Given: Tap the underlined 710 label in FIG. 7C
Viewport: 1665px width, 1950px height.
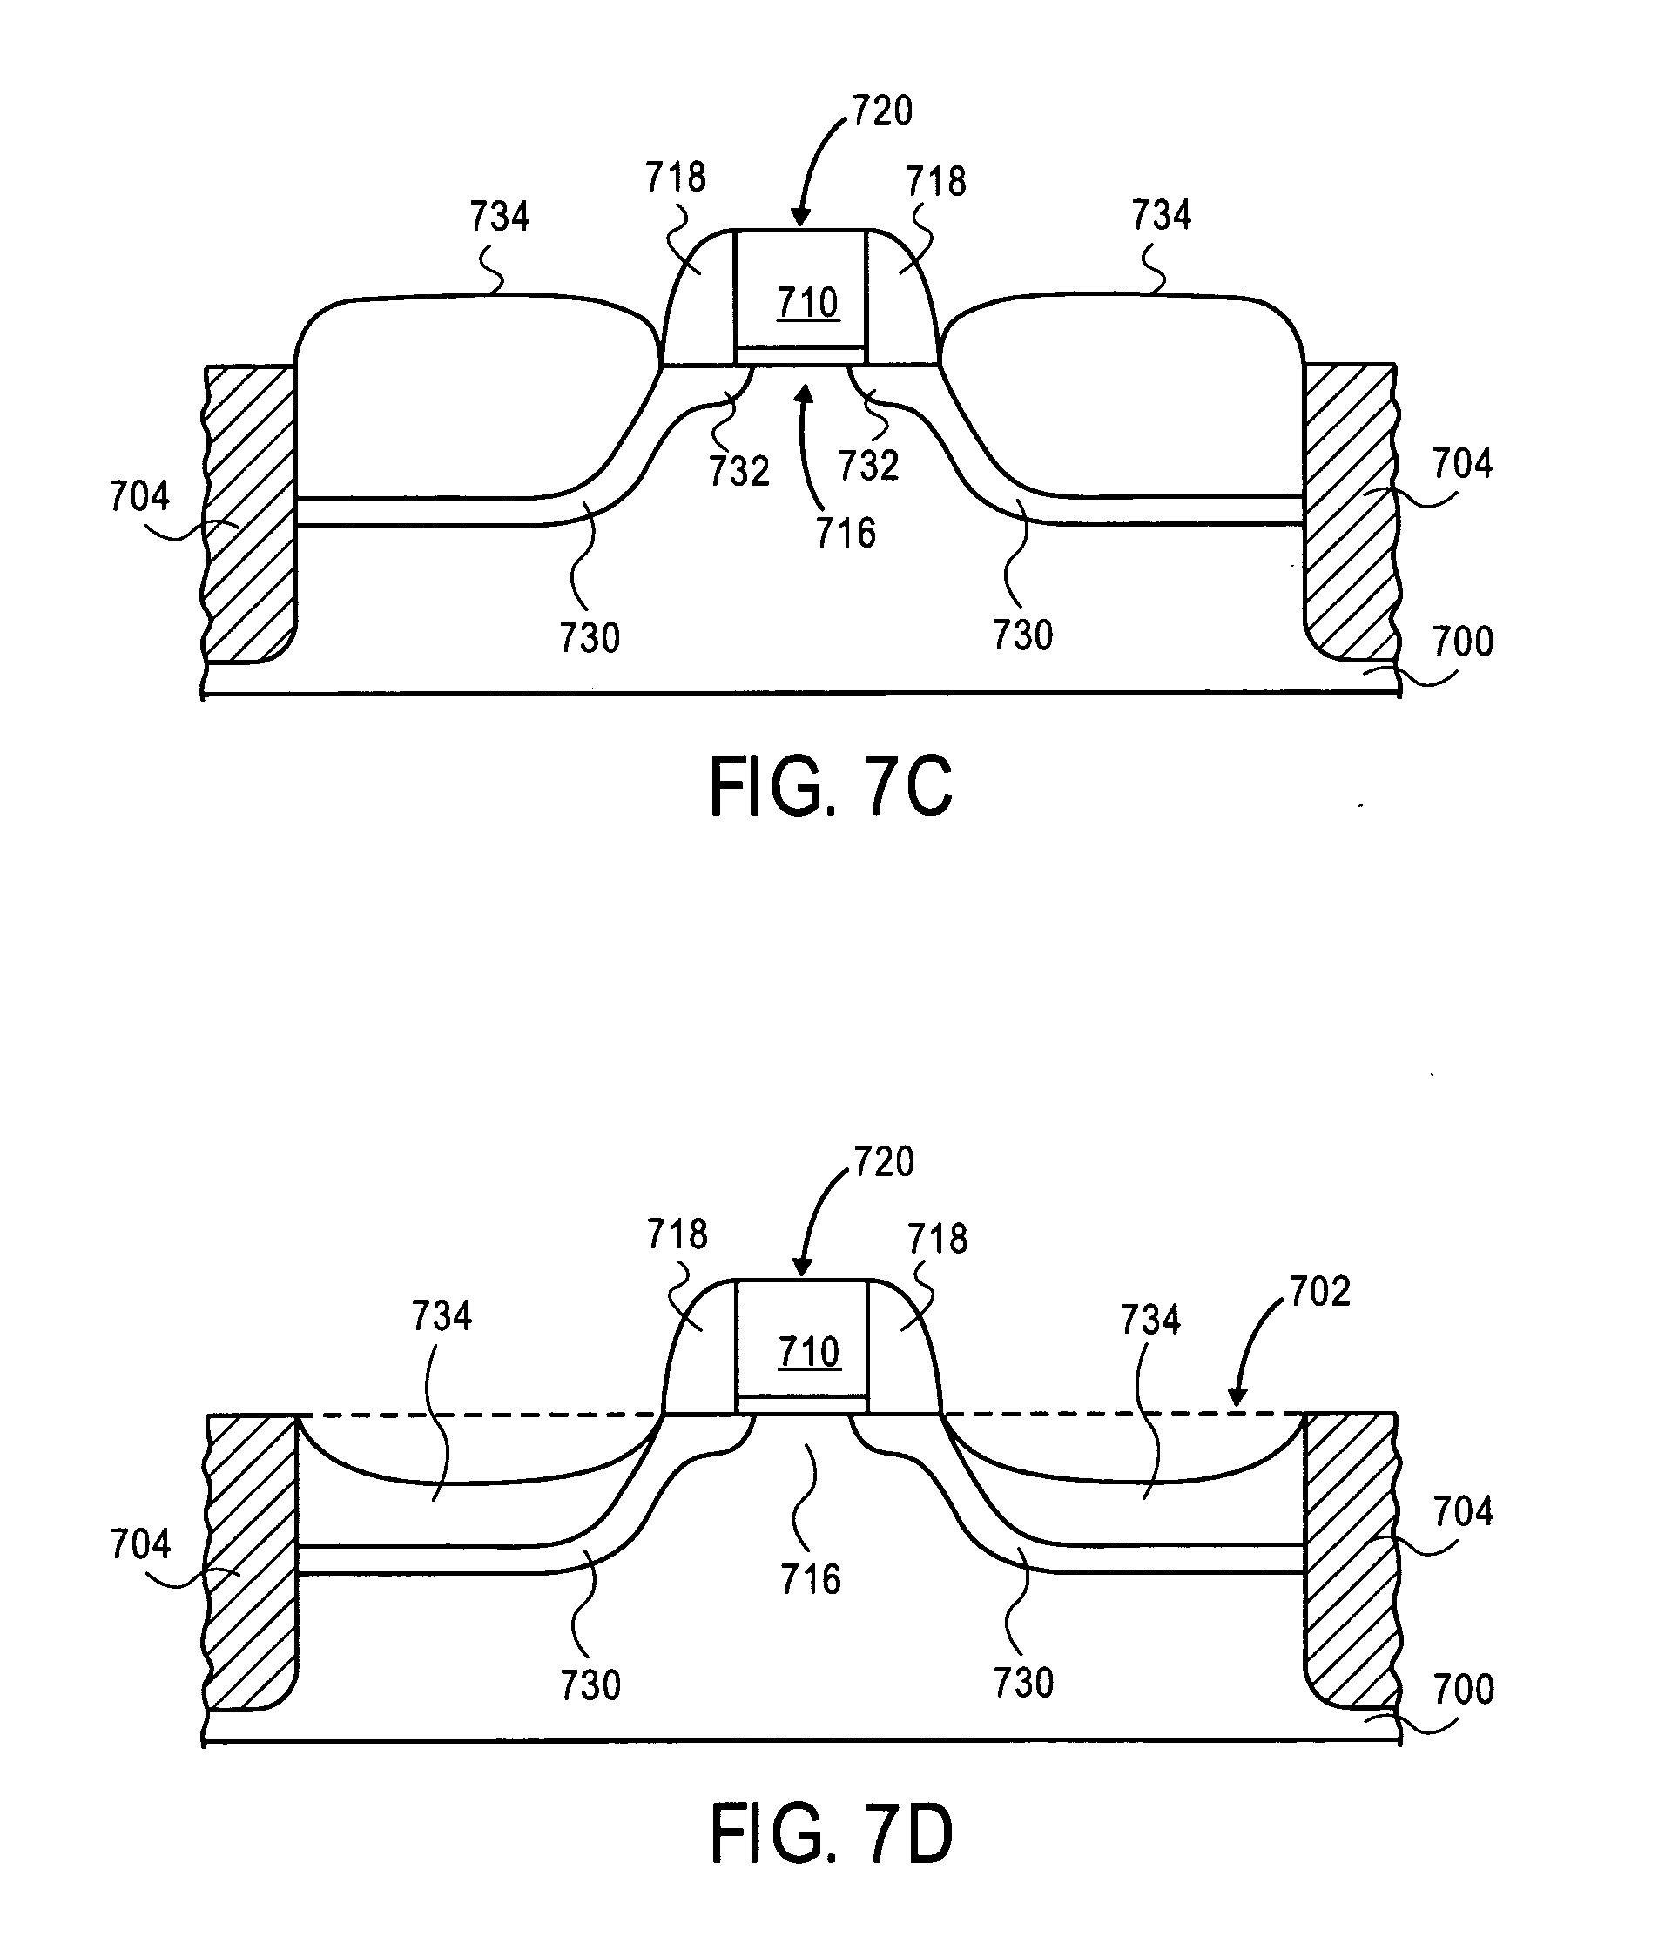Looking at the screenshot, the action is tap(807, 303).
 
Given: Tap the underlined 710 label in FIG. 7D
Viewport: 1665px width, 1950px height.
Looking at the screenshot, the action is tap(808, 1353).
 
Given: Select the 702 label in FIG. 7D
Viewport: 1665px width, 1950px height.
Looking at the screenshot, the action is tap(1319, 1291).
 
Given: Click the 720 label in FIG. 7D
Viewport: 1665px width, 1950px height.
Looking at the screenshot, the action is tap(884, 1162).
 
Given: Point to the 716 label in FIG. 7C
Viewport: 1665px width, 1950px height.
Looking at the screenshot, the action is tap(846, 534).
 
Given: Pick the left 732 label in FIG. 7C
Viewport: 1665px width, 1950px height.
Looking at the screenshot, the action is tap(738, 471).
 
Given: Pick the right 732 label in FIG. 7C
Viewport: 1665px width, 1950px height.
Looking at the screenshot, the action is tap(869, 466).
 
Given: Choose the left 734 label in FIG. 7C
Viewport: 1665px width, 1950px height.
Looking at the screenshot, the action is tap(500, 217).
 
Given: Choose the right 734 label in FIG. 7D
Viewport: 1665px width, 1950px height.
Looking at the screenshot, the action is tap(1150, 1320).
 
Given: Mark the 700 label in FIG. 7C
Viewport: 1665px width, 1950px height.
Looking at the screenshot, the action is tap(1464, 642).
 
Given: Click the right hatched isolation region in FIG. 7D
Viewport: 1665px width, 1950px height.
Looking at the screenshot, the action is tap(1350, 1562).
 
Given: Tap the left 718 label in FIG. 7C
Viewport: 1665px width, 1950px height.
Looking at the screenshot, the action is tap(676, 177).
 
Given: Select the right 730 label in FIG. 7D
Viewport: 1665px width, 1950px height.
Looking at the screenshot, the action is tap(1023, 1683).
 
